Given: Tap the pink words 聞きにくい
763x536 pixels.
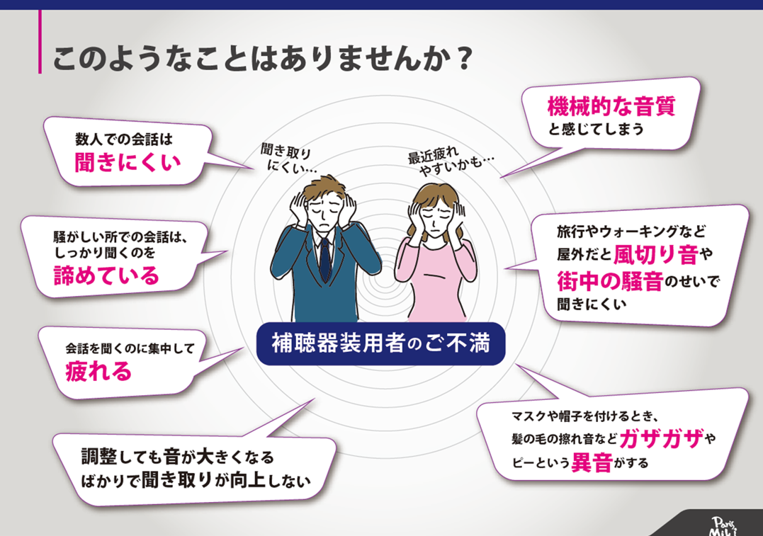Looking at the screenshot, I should (128, 163).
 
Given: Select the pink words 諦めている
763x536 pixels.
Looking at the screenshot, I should (107, 275).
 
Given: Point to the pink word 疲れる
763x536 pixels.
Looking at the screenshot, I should (98, 371).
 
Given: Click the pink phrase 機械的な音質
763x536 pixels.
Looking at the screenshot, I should (611, 108).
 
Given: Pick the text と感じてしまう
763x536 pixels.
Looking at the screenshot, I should (595, 130).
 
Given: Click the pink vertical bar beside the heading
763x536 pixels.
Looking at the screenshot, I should (40, 42).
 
